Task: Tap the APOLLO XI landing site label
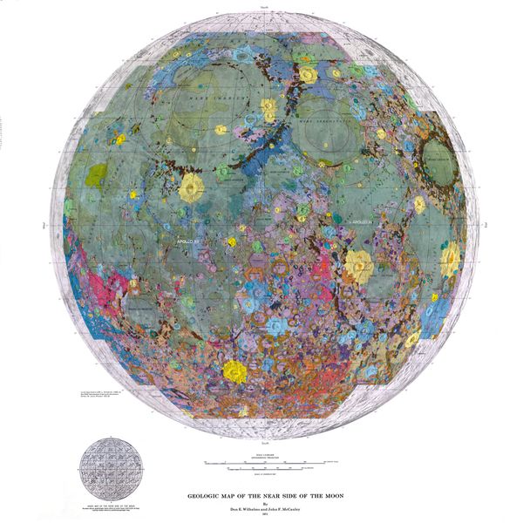coord(366,224)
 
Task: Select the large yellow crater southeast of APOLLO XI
coord(357,263)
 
